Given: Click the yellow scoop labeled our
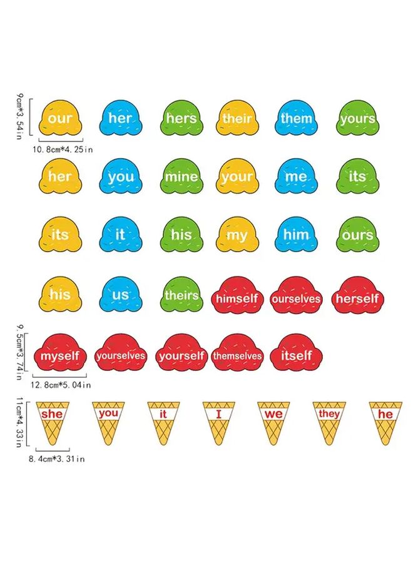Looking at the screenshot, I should pos(61,118).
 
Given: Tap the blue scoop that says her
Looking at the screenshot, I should pos(120,118).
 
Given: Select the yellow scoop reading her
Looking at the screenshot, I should pos(61,177).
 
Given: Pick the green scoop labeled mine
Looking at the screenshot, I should pos(181,177).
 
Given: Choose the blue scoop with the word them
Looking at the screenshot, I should pos(297,118).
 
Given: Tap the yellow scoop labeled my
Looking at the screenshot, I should pos(237,235).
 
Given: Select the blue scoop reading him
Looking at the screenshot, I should pos(297,235).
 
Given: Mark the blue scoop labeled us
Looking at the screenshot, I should pos(120,294).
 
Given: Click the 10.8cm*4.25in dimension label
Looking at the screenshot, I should pos(62,150).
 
